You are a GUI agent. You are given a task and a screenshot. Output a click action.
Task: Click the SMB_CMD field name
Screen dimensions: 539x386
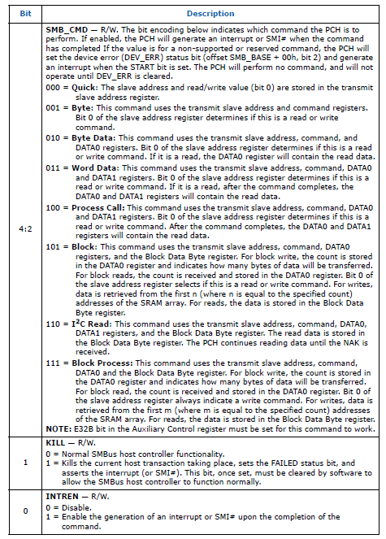(67, 28)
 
